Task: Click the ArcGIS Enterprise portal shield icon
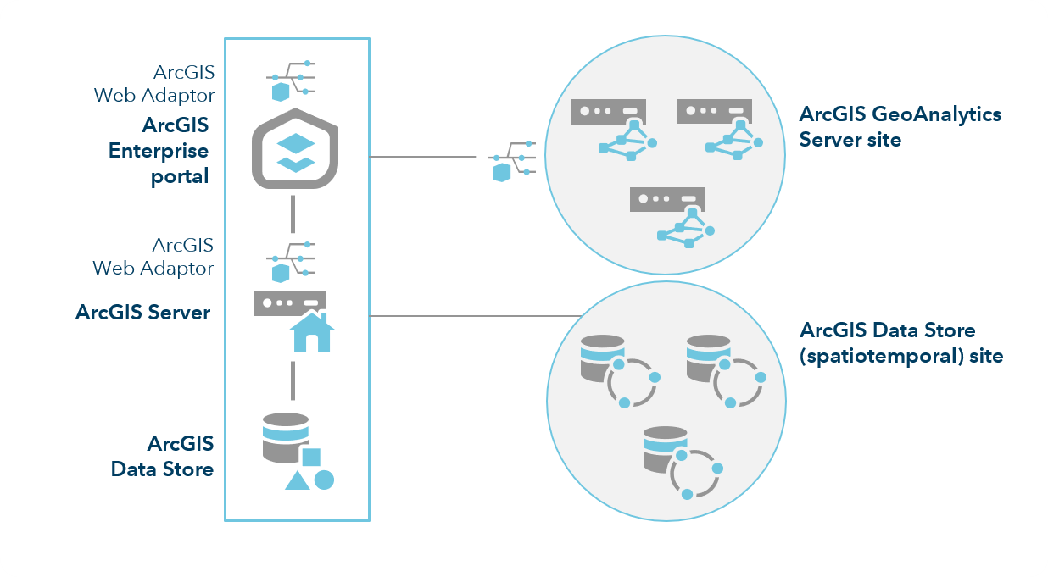[296, 149]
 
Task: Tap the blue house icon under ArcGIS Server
[311, 332]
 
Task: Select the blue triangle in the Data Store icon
[296, 481]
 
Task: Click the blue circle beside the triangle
[324, 480]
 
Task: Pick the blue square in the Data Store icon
[311, 458]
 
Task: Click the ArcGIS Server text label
[142, 312]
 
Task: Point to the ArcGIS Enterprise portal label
[159, 151]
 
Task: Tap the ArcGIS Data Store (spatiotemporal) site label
[901, 342]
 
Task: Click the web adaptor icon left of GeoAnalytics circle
[511, 158]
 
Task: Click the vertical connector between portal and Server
[292, 214]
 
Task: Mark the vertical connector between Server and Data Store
[292, 380]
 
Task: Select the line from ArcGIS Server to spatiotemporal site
[475, 316]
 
